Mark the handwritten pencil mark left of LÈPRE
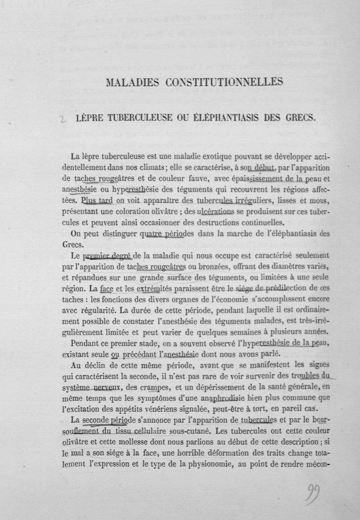pyautogui.click(x=64, y=119)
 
